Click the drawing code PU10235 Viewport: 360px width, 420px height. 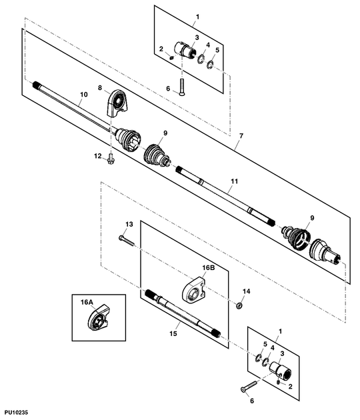coord(16,412)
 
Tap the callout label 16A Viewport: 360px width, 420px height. coord(87,302)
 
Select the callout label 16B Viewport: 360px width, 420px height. coord(209,268)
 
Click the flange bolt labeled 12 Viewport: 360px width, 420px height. coord(110,159)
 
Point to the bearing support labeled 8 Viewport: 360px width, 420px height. coord(118,103)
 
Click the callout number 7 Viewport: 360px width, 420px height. coord(241,136)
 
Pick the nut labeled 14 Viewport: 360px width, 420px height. coord(239,305)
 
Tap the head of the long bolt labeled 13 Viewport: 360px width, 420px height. coord(121,237)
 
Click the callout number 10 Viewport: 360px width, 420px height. coord(84,95)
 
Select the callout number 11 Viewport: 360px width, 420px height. coord(235,181)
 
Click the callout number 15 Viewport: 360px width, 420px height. coord(173,333)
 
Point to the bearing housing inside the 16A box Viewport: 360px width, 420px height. coord(98,318)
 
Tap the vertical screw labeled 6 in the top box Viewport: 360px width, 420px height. coord(182,87)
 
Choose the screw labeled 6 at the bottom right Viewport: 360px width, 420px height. coord(249,386)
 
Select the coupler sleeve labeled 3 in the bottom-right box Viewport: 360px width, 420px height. coord(281,370)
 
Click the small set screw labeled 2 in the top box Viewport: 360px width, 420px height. coord(172,57)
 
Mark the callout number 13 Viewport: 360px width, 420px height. coord(129,224)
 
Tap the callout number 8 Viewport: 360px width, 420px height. coord(100,87)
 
